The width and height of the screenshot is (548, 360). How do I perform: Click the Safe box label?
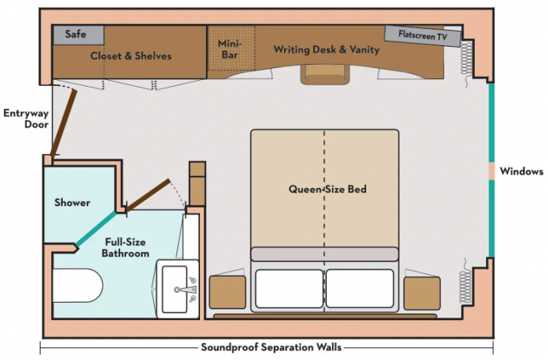click(75, 35)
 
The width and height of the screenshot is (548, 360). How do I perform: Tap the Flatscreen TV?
click(422, 35)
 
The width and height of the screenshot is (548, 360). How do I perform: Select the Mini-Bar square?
click(229, 49)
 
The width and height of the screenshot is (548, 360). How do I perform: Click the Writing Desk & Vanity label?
click(326, 50)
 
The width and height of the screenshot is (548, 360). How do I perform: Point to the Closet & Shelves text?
click(131, 56)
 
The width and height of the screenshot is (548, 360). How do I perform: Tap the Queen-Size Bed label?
click(328, 189)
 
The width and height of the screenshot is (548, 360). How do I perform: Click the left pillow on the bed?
click(288, 288)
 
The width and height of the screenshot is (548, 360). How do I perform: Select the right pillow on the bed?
click(360, 288)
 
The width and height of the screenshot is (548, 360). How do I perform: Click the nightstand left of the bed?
click(227, 292)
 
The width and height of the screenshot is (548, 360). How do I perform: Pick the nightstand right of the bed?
click(422, 292)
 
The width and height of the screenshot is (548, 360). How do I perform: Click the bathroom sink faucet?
click(183, 289)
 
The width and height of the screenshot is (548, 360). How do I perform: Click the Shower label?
click(72, 202)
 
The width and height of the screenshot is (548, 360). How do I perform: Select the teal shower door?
click(96, 228)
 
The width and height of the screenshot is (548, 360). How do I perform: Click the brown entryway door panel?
click(63, 121)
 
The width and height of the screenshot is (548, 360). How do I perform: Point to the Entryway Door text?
click(26, 118)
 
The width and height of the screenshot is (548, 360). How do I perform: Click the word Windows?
click(521, 171)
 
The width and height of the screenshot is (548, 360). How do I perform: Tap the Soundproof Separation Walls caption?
click(271, 347)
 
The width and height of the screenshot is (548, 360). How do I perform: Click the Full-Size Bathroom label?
click(125, 248)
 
